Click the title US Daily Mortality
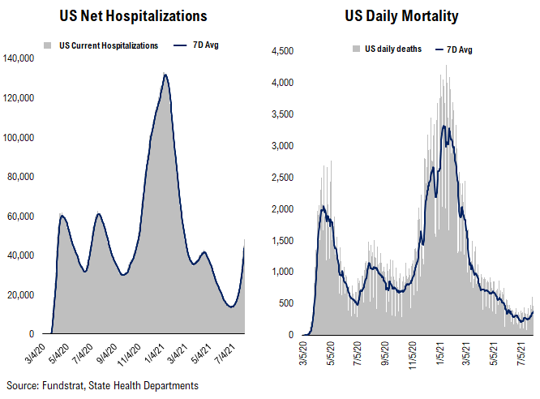pyautogui.click(x=403, y=15)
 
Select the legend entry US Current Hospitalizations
pyautogui.click(x=108, y=45)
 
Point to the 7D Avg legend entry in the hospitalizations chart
pyautogui.click(x=203, y=45)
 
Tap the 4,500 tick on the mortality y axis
pyautogui.click(x=281, y=51)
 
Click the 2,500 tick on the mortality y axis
pyautogui.click(x=281, y=178)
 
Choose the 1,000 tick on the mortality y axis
pyautogui.click(x=281, y=272)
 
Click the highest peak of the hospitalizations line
pyautogui.click(x=165, y=75)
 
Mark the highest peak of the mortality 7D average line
pyautogui.click(x=444, y=126)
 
